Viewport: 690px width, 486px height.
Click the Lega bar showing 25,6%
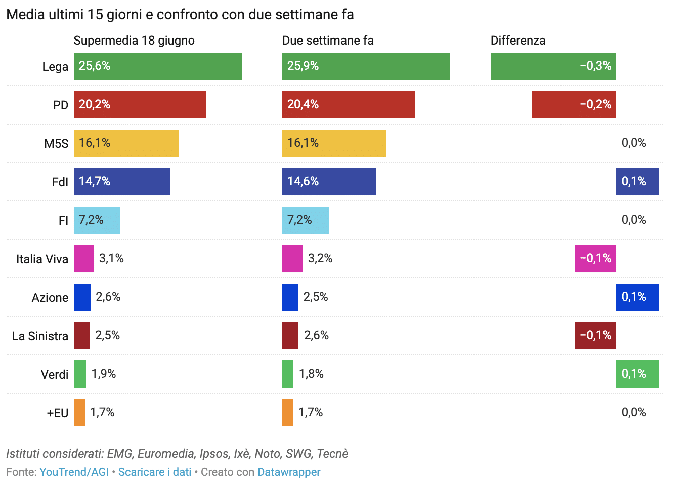pyautogui.click(x=157, y=66)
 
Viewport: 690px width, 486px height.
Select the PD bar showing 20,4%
pyautogui.click(x=348, y=105)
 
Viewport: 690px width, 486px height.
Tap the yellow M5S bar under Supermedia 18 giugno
pyautogui.click(x=126, y=143)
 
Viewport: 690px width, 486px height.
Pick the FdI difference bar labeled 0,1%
pyautogui.click(x=637, y=182)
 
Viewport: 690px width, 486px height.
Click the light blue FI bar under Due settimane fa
pyautogui.click(x=305, y=220)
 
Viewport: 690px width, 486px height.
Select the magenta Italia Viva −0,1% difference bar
pyautogui.click(x=595, y=259)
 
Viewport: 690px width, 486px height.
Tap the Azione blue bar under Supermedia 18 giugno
pyautogui.click(x=82, y=297)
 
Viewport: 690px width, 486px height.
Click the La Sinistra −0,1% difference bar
pyautogui.click(x=595, y=336)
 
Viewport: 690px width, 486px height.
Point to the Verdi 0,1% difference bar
pyautogui.click(x=637, y=374)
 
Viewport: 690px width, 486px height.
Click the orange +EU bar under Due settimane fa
pyautogui.click(x=287, y=413)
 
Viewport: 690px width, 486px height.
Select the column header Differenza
pyautogui.click(x=517, y=40)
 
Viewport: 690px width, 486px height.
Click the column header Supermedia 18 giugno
pyautogui.click(x=134, y=40)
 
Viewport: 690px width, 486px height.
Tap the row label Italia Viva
pyautogui.click(x=42, y=259)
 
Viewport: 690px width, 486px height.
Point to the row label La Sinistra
pyautogui.click(x=40, y=336)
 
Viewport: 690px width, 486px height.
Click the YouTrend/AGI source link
pyautogui.click(x=74, y=472)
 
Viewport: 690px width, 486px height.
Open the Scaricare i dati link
pyautogui.click(x=155, y=472)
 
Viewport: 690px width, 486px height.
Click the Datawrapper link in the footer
pyautogui.click(x=288, y=472)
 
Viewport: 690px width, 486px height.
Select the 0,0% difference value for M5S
pyautogui.click(x=633, y=143)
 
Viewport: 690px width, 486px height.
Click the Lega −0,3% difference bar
pyautogui.click(x=553, y=66)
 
